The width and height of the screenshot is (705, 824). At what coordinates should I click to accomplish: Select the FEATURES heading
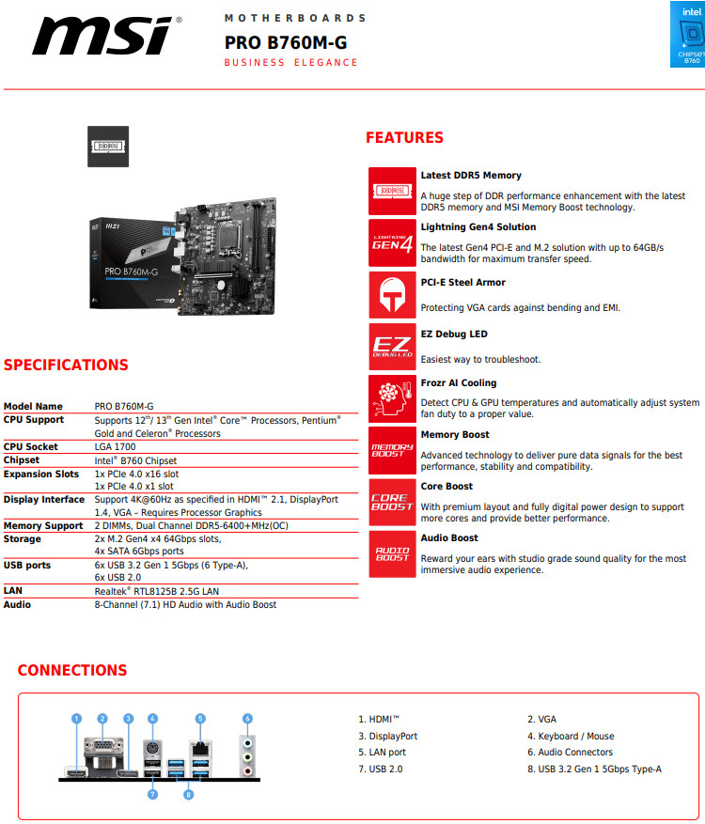[404, 138]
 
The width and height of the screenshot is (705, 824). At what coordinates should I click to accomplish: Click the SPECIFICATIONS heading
[66, 365]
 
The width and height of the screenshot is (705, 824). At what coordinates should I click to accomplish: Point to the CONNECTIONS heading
[72, 670]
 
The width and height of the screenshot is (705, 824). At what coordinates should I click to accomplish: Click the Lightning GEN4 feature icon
[392, 242]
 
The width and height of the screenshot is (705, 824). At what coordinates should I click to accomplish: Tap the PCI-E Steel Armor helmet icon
[392, 295]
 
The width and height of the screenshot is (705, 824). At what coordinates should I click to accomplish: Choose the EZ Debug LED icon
[392, 347]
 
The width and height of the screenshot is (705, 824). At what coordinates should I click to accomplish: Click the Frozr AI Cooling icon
[392, 398]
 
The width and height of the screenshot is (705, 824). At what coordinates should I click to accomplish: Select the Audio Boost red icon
[392, 553]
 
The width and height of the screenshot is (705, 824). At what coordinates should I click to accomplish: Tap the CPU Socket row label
[31, 447]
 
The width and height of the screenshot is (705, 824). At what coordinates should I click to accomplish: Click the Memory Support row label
[43, 526]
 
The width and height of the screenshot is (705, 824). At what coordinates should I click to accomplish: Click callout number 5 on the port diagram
[200, 719]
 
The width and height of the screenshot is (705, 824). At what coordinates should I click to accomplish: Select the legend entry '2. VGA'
[541, 720]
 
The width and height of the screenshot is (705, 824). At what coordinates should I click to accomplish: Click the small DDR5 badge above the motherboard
[108, 147]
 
